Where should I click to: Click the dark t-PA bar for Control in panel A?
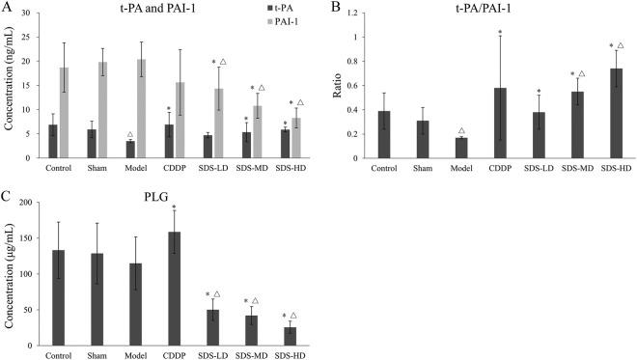click(53, 141)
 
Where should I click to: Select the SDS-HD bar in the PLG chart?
click(289, 336)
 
